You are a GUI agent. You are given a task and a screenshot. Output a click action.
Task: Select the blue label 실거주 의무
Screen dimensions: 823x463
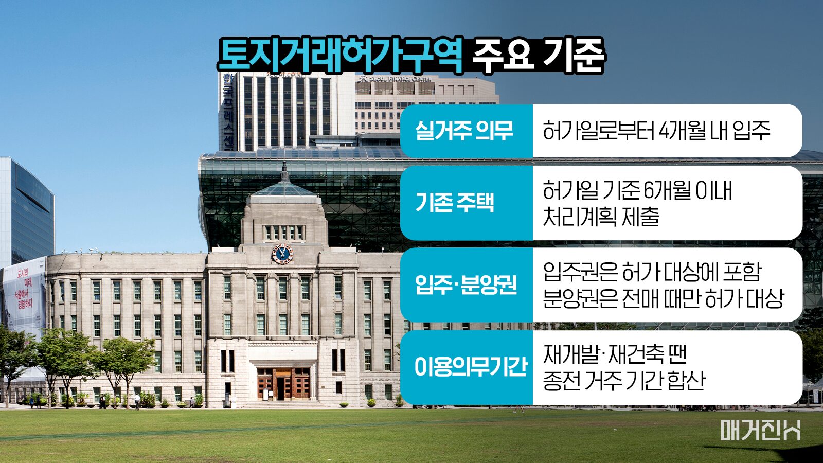(x=464, y=131)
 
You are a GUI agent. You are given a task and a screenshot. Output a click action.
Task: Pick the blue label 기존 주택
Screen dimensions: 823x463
(x=455, y=203)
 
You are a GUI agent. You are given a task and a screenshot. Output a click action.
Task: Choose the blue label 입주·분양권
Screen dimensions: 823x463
(x=466, y=284)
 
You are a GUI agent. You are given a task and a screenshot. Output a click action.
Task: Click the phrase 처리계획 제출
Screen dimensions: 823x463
(x=601, y=217)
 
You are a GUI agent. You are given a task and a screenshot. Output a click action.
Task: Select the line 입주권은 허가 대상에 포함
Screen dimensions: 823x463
(x=652, y=272)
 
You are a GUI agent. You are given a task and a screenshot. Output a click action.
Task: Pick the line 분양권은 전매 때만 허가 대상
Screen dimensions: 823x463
(x=664, y=298)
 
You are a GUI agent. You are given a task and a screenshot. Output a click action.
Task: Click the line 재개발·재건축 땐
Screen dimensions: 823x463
(x=615, y=354)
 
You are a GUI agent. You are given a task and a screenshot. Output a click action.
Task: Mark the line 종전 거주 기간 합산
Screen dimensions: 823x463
(x=624, y=380)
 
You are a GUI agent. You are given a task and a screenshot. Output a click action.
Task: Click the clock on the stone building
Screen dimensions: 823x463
(x=282, y=254)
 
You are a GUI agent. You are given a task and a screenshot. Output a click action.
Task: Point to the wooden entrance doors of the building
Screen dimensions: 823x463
(x=283, y=384)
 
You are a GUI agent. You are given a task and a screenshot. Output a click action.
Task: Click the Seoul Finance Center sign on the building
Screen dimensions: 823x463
(x=396, y=79)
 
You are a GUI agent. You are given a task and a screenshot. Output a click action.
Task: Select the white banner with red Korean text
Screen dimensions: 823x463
(x=24, y=296)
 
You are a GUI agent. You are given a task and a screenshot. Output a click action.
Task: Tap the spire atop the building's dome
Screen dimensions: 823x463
(x=284, y=171)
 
